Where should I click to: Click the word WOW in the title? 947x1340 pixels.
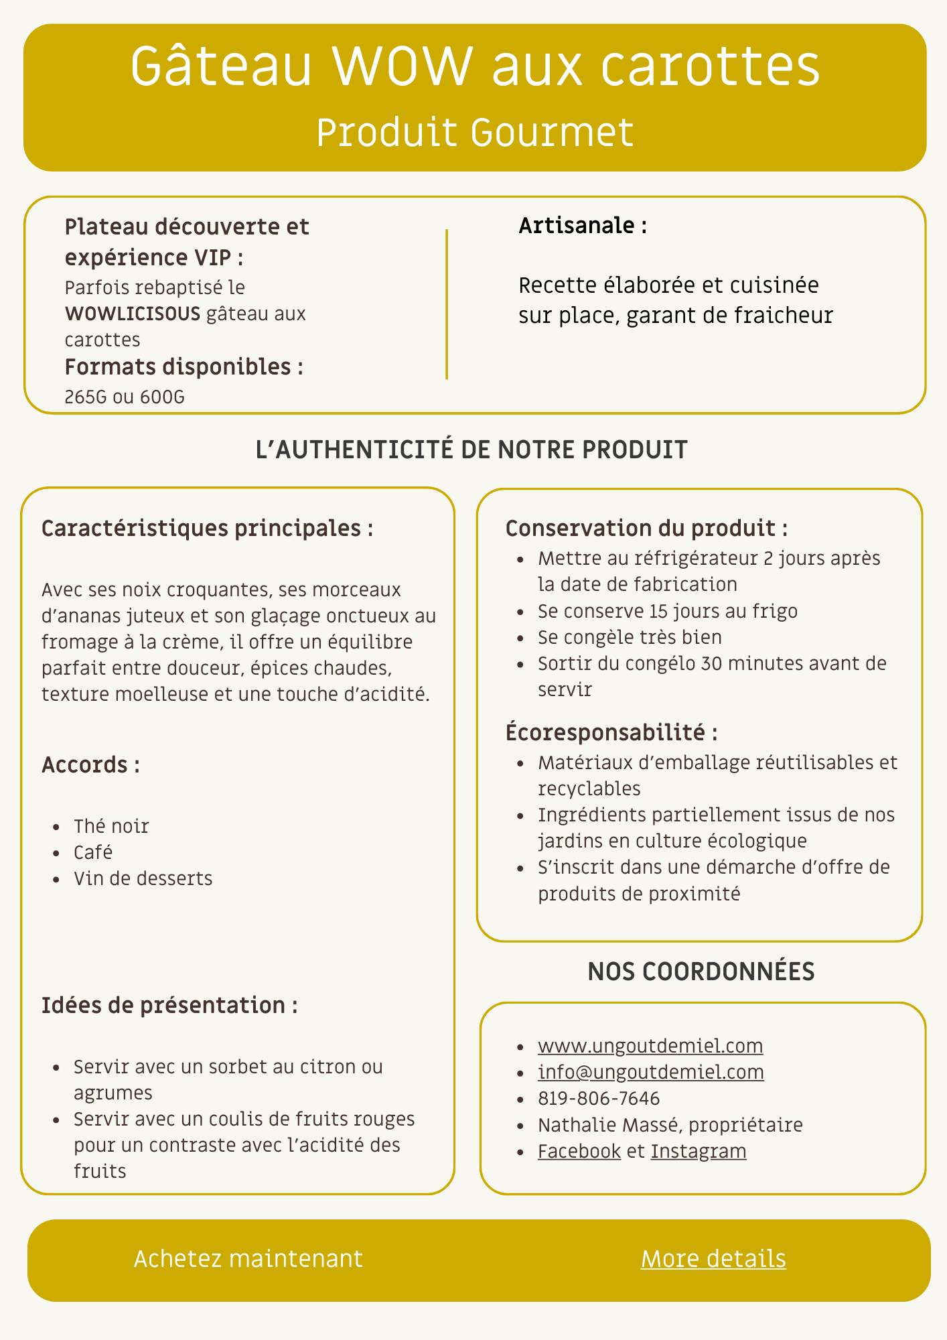(402, 67)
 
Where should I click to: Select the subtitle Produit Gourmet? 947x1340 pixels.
(474, 133)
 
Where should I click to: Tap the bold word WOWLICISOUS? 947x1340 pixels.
(133, 314)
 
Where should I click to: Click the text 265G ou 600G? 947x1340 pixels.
(125, 397)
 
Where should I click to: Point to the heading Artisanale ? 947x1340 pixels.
(583, 226)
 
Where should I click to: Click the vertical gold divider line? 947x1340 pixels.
(447, 304)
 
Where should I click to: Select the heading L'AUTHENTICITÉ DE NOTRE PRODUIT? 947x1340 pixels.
(471, 450)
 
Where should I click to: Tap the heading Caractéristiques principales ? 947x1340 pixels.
(207, 529)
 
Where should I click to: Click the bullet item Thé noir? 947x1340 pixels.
(111, 826)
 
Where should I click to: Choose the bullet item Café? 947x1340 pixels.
(93, 852)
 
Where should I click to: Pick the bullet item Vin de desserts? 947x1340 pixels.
(143, 878)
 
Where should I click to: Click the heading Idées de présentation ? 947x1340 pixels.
(169, 1005)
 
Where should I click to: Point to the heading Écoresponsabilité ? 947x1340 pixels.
(611, 732)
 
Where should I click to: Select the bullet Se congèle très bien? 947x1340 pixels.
(630, 637)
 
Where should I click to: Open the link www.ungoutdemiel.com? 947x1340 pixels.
(650, 1046)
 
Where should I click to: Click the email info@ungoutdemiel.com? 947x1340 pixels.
(650, 1072)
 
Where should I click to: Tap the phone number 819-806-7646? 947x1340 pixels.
(599, 1099)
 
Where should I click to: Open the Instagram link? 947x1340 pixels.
(699, 1151)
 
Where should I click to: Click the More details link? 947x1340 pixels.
(713, 1259)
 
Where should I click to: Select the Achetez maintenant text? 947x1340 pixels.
(248, 1259)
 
